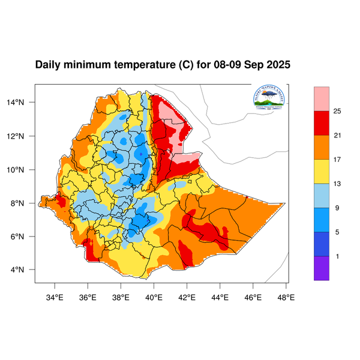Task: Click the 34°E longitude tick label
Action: [55, 296]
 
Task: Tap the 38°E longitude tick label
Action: [121, 296]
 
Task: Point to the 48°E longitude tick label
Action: [286, 296]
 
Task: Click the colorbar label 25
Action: [337, 112]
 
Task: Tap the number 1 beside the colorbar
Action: [337, 256]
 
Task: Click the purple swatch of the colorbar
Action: [322, 268]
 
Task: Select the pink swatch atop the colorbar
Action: [322, 97]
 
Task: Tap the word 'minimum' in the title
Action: [89, 65]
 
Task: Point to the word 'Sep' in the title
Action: [254, 65]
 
